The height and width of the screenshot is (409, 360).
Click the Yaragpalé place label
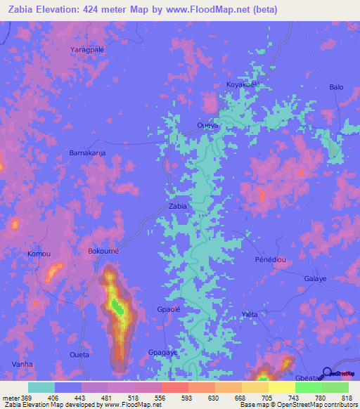pyautogui.click(x=87, y=50)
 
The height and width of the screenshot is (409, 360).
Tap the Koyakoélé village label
pyautogui.click(x=243, y=84)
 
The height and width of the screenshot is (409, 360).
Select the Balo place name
pyautogui.click(x=336, y=87)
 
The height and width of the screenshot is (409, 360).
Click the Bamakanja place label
pyautogui.click(x=87, y=152)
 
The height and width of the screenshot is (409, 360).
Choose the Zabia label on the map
pyautogui.click(x=178, y=207)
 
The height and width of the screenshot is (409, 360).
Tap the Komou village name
pyautogui.click(x=39, y=253)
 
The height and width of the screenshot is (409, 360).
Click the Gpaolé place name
pyautogui.click(x=170, y=310)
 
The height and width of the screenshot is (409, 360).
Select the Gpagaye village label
pyautogui.click(x=162, y=352)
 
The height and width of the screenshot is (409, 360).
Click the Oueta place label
pyautogui.click(x=78, y=355)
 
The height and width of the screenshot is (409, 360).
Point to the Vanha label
pyautogui.click(x=22, y=365)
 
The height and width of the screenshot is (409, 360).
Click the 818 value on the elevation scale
pyautogui.click(x=347, y=397)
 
